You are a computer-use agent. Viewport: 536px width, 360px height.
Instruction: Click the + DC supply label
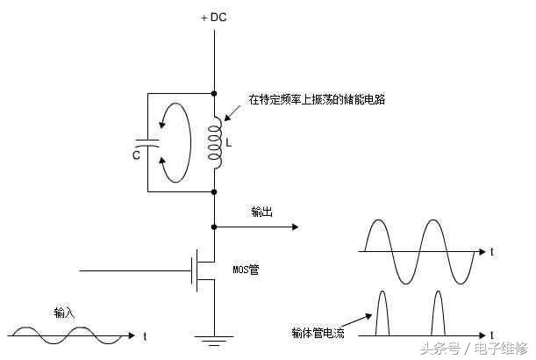point(215,18)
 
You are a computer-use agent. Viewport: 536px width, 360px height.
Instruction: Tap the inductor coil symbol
point(214,141)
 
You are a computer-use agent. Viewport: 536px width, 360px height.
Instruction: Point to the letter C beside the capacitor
point(137,155)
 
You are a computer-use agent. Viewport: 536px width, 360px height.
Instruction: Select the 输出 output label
point(262,212)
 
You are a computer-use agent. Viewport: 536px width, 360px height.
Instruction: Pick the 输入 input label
point(65,313)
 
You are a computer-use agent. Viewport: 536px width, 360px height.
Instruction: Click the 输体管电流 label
point(319,333)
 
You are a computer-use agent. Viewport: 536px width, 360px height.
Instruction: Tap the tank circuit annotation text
point(317,100)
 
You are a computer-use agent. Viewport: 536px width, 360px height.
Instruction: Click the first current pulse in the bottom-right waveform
point(382,313)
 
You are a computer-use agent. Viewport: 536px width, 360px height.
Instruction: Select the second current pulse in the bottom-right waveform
point(438,314)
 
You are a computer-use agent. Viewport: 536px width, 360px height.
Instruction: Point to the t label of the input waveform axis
point(144,335)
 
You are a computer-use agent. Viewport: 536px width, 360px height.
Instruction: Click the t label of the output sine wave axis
point(492,252)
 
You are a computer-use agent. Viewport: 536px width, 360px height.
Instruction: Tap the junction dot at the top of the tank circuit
point(215,90)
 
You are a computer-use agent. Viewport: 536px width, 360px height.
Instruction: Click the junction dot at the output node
point(215,226)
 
